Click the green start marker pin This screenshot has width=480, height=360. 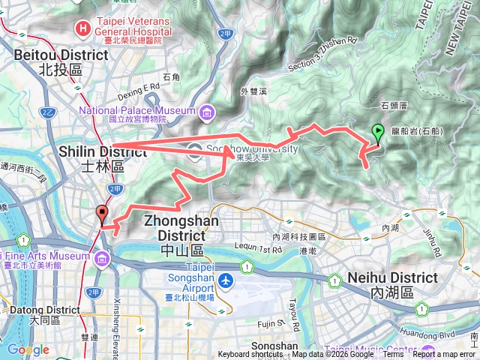(378, 133)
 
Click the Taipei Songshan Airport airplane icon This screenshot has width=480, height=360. (226, 280)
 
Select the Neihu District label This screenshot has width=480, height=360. (392, 277)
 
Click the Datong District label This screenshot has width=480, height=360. (35, 309)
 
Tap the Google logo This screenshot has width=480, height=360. (28, 349)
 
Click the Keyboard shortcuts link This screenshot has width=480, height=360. (251, 355)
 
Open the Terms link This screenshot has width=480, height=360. (393, 355)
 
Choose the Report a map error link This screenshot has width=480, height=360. (444, 355)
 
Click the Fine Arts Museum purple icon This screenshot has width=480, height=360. (101, 259)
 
